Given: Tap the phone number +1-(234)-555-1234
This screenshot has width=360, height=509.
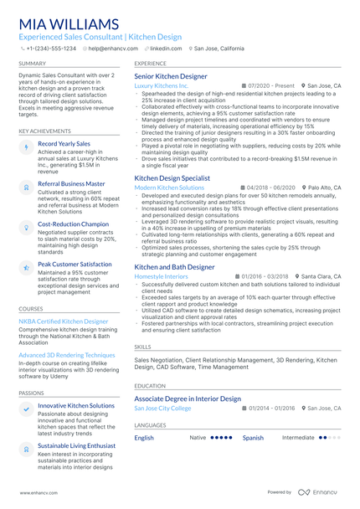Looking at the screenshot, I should click(50, 49).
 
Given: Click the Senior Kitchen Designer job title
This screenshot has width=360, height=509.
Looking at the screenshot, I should click(171, 76).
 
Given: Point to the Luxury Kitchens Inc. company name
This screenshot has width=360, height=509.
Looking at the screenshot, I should click(162, 85).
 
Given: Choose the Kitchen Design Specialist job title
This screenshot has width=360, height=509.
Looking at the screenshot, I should click(172, 178).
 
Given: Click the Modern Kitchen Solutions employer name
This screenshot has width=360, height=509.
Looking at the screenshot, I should click(169, 188).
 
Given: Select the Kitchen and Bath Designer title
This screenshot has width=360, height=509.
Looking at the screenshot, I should click(174, 267).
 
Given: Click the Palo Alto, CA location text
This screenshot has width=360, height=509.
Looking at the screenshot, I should click(324, 188).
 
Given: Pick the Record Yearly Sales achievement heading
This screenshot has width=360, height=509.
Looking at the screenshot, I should click(64, 143).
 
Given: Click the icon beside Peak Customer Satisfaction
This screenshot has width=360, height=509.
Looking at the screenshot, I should click(26, 267).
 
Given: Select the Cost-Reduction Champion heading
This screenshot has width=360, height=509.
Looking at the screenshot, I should click(74, 224).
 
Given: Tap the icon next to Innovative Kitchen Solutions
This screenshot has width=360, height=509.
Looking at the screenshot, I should click(26, 408).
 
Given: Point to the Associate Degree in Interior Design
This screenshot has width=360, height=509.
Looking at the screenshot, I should click(188, 399).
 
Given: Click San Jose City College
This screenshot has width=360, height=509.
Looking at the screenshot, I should click(162, 408).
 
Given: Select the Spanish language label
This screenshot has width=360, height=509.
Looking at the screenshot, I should click(253, 438).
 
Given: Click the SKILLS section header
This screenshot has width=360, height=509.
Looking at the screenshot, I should click(142, 346).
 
